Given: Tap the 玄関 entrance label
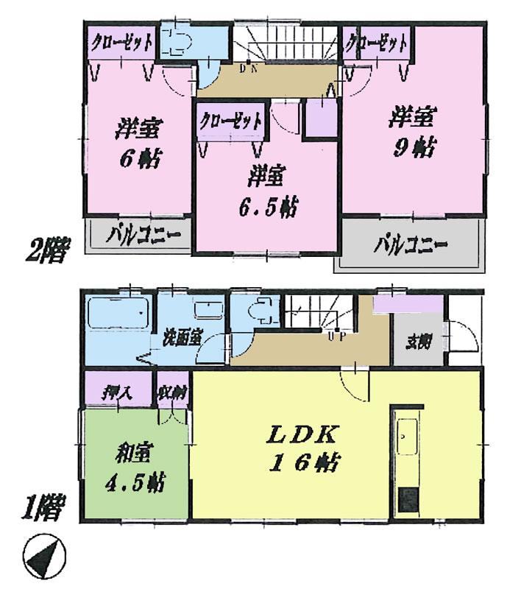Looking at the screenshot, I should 419,342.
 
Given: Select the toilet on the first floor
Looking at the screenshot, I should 258,312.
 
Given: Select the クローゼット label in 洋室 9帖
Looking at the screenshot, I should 377,43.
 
